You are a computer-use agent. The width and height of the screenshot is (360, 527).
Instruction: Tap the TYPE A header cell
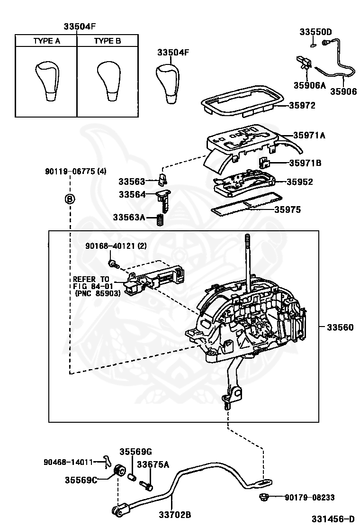tap(46, 41)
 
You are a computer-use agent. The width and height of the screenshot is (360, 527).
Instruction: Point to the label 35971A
tap(309, 136)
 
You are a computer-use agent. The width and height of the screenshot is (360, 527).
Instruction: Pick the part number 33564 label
tap(133, 194)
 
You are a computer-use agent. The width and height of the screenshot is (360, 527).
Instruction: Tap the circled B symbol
tap(70, 199)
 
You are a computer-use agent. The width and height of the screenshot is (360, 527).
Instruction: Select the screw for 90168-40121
tap(113, 262)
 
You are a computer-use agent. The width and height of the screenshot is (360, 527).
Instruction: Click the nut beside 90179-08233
tap(264, 497)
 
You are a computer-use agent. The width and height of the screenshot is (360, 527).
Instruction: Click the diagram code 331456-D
tap(333, 519)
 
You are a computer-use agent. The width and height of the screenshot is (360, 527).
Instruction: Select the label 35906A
tap(310, 86)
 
